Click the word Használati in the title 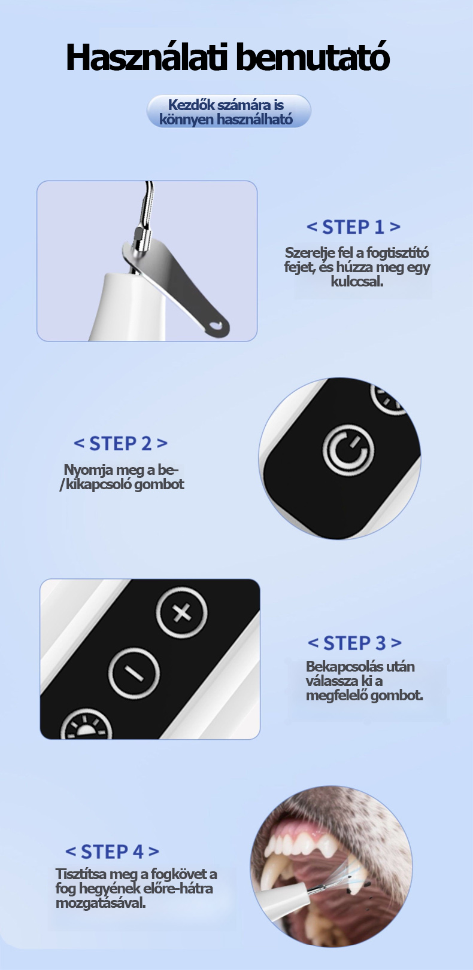click(x=147, y=57)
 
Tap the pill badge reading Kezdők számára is click(x=229, y=111)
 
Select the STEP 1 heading click(x=353, y=227)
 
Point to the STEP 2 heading click(x=120, y=443)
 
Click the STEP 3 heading click(x=354, y=643)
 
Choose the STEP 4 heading click(x=113, y=852)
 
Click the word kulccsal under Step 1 click(x=357, y=282)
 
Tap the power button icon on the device click(x=348, y=450)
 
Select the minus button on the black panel click(x=134, y=674)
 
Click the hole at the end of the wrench click(x=216, y=326)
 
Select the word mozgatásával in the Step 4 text click(x=101, y=903)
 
